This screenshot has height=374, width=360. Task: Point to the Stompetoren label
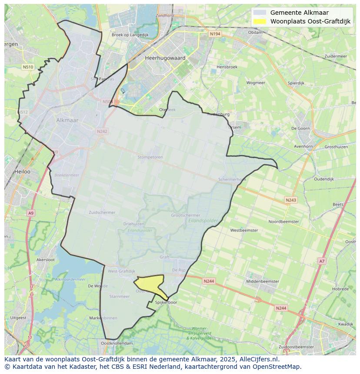pos(150,157)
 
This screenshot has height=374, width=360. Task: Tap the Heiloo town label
pos(22,172)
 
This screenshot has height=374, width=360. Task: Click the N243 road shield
pos(291,200)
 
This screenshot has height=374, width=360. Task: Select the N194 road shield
pos(214,33)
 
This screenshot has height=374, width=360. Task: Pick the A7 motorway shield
pos(322,261)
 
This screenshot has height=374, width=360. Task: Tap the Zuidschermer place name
pos(102,212)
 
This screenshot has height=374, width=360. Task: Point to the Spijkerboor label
pos(166,302)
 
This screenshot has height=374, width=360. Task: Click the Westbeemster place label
pos(244,230)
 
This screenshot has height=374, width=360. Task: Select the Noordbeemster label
pos(284,222)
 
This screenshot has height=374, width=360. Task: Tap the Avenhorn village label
pos(303,146)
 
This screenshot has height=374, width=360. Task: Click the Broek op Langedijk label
pos(130,35)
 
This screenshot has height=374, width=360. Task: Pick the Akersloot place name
pos(46,259)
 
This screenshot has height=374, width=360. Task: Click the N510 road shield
pos(27,67)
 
